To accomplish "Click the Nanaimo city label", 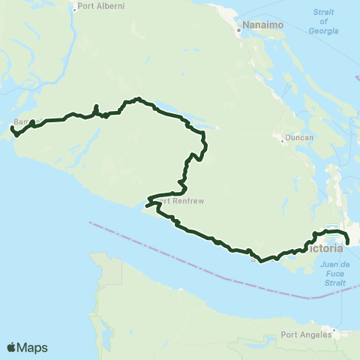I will [x=256, y=32].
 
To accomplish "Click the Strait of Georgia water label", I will [x=323, y=26].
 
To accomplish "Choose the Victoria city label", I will [x=328, y=247].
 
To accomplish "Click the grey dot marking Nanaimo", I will [x=239, y=31].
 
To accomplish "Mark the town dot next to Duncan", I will [x=280, y=139].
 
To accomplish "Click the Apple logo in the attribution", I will [x=12, y=347].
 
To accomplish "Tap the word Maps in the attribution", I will [x=33, y=347].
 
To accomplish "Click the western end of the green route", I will [x=11, y=130].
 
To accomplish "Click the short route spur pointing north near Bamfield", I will [x=96, y=108].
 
